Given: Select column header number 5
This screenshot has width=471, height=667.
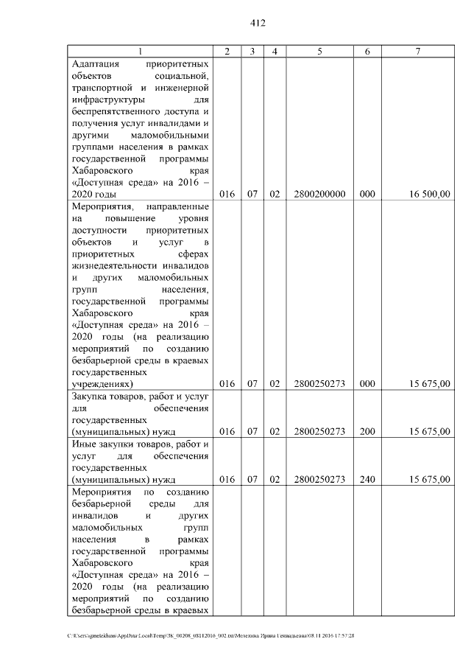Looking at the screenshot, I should coord(319,51).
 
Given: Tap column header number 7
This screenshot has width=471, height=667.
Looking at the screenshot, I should coord(417,51).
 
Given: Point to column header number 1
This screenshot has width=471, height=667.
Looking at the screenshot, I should coord(141,51).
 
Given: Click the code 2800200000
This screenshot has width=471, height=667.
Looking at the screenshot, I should coord(319,195).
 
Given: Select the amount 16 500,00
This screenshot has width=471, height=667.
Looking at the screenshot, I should coord(430,195).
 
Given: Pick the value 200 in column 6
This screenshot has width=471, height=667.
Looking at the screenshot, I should coord(367,432).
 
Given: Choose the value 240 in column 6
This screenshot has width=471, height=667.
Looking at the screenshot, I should coord(367,480).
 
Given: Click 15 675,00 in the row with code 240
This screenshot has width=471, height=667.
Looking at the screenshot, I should coord(430,480).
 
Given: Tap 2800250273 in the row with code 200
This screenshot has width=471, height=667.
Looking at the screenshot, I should coord(319,432).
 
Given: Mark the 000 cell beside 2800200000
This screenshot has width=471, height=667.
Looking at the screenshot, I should coord(367,195).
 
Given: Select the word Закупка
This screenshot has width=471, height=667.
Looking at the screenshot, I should coord(89,397).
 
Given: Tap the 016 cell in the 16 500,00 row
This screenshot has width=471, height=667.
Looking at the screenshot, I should coord(227,195).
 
